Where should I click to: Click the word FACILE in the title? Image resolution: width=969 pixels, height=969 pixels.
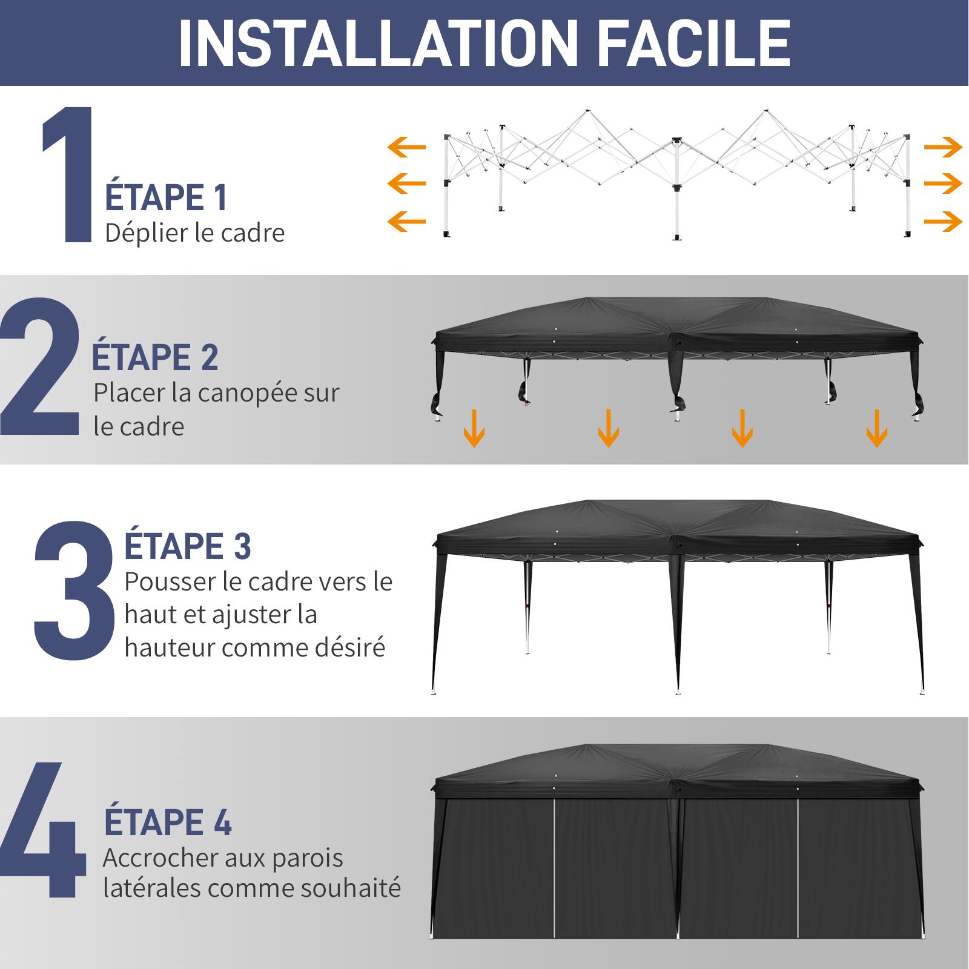[694, 44]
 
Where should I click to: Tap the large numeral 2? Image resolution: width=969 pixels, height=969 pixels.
[40, 367]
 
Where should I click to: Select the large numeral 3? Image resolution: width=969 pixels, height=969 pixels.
[74, 590]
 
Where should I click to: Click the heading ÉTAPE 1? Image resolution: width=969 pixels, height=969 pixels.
[166, 197]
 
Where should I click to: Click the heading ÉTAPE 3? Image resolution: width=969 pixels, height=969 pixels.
[187, 546]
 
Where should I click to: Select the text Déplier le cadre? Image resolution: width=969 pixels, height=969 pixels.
[194, 233]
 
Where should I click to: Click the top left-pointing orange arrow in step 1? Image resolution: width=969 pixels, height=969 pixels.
[406, 147]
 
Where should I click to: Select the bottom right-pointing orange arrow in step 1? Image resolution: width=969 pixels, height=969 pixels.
[943, 221]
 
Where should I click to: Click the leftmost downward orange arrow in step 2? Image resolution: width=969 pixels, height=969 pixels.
[474, 428]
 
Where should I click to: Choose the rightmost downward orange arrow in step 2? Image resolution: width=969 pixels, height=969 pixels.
[876, 428]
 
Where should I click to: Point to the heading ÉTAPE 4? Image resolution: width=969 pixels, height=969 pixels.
[168, 822]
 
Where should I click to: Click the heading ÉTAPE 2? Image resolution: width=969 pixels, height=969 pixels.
[154, 357]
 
